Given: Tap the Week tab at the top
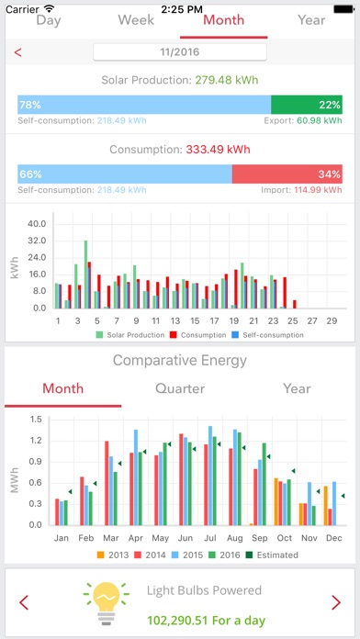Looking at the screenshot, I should click(136, 20).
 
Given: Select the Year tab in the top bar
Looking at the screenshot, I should click(311, 20).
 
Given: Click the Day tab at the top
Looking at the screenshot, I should click(48, 20).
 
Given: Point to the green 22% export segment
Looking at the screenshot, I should click(307, 105).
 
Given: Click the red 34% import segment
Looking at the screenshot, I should click(287, 174).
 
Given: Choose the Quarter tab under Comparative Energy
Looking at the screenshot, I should click(179, 387).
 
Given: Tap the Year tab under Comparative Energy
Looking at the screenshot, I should click(296, 387).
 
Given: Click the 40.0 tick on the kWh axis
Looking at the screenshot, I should click(36, 223).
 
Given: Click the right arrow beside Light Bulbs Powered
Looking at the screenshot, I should click(335, 602).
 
